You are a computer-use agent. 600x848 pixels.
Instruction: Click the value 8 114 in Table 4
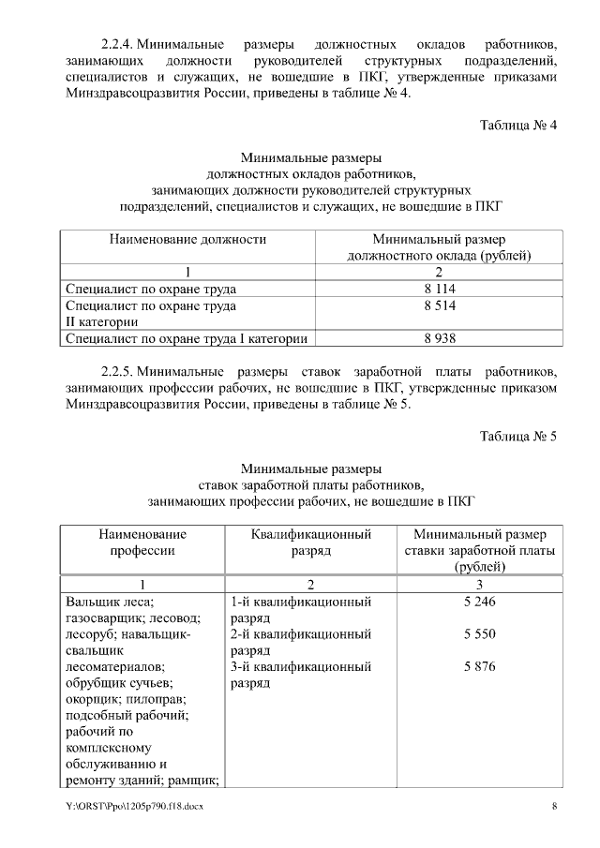[439, 289]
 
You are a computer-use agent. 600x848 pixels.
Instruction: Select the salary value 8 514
[439, 305]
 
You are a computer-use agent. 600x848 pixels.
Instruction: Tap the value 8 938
[439, 338]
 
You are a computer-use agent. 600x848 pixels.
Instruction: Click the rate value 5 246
[479, 602]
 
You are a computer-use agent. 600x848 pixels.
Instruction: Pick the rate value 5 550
[479, 634]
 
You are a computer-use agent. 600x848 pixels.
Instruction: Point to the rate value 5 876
[479, 667]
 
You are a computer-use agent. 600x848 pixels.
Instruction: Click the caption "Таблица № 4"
[518, 126]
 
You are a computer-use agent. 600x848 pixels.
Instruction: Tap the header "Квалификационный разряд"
[311, 543]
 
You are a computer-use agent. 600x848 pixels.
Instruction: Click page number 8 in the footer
[554, 807]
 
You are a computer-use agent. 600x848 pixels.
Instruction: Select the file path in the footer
[134, 807]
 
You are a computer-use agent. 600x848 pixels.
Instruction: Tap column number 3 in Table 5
[479, 585]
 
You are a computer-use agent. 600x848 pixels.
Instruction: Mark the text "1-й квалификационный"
[300, 602]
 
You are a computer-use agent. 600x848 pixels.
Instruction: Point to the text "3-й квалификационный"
[300, 667]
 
